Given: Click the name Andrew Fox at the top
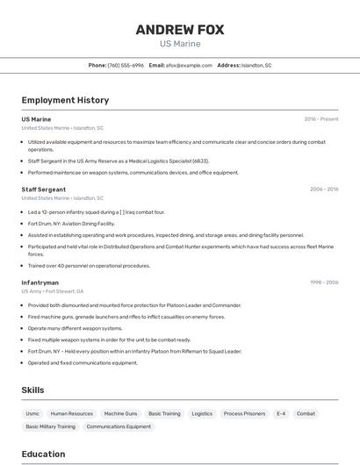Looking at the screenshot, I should coord(179,30).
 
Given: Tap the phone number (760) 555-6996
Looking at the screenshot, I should coord(126,65).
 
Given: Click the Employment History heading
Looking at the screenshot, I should coord(65,100).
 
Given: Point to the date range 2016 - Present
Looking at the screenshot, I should coord(321,119).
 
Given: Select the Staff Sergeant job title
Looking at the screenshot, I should coord(43,190).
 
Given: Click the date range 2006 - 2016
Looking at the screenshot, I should coord(324,190).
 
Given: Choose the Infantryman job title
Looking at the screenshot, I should coord(40,283).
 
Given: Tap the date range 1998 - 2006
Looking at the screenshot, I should coord(324,283).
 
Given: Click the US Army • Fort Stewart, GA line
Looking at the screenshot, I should coord(53,291).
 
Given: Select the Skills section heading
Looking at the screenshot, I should coord(33,390).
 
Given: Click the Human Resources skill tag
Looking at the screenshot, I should coord(71,413).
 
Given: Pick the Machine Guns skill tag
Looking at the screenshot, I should coord(120,413).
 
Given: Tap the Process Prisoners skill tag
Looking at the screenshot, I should coord(244,413).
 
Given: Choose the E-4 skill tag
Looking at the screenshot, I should coord(281,413).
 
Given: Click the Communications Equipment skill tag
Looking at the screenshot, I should coord(119,426).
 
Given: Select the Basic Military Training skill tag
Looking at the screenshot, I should coord(50,426).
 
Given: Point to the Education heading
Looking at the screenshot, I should coord(43,454).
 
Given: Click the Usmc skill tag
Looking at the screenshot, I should coord(32,413).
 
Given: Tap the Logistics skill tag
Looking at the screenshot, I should coord(202,413).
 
